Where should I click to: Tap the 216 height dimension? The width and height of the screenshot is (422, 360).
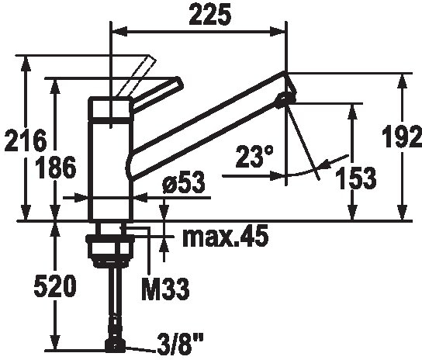pyautogui.click(x=26, y=140)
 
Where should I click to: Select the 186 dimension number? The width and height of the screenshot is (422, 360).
pyautogui.click(x=56, y=168)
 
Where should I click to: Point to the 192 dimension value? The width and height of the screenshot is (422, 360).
pyautogui.click(x=403, y=137)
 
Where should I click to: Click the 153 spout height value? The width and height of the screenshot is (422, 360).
pyautogui.click(x=356, y=178)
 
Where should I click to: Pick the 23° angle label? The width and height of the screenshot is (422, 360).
pyautogui.click(x=254, y=157)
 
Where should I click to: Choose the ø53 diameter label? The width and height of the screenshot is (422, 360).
pyautogui.click(x=184, y=182)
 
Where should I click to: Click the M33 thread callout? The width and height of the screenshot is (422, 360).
pyautogui.click(x=166, y=289)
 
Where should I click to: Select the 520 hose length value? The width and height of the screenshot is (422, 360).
pyautogui.click(x=55, y=286)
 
